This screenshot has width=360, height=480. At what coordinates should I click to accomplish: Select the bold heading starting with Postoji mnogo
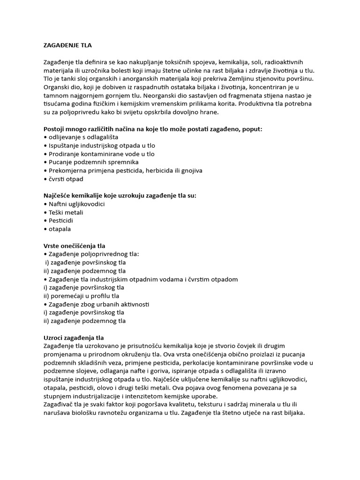(x=153, y=129)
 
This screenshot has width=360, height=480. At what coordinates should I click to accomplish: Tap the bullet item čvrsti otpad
(x=65, y=179)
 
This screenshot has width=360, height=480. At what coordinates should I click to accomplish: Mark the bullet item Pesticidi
(x=61, y=221)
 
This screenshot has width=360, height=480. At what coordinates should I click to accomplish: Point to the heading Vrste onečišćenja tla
(x=74, y=246)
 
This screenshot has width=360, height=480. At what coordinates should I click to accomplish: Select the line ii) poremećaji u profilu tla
(x=81, y=296)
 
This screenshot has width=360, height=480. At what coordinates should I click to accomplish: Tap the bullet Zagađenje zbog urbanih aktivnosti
(x=98, y=304)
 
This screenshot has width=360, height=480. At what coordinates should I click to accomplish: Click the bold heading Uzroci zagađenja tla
(x=73, y=337)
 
